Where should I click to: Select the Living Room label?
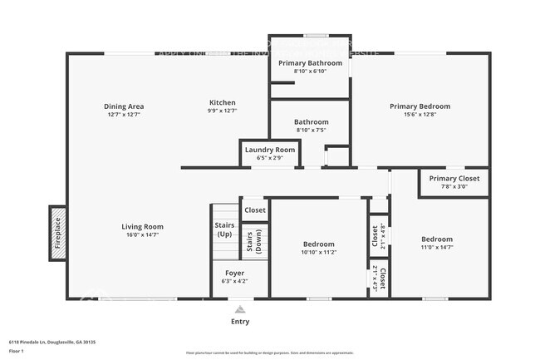(142, 226)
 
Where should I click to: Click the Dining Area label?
(125, 106)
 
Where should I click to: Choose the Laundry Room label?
(269, 150)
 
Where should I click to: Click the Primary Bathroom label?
(310, 63)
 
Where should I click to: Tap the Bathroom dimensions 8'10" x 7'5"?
(312, 130)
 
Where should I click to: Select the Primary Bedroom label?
(420, 106)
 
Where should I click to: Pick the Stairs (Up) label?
(224, 229)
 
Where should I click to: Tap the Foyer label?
(235, 273)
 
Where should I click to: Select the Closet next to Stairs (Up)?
(255, 210)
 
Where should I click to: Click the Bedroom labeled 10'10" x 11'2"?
(318, 247)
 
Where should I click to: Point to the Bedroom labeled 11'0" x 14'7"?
(437, 243)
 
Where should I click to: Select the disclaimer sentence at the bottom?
(269, 353)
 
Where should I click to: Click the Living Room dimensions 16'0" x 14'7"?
(142, 235)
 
